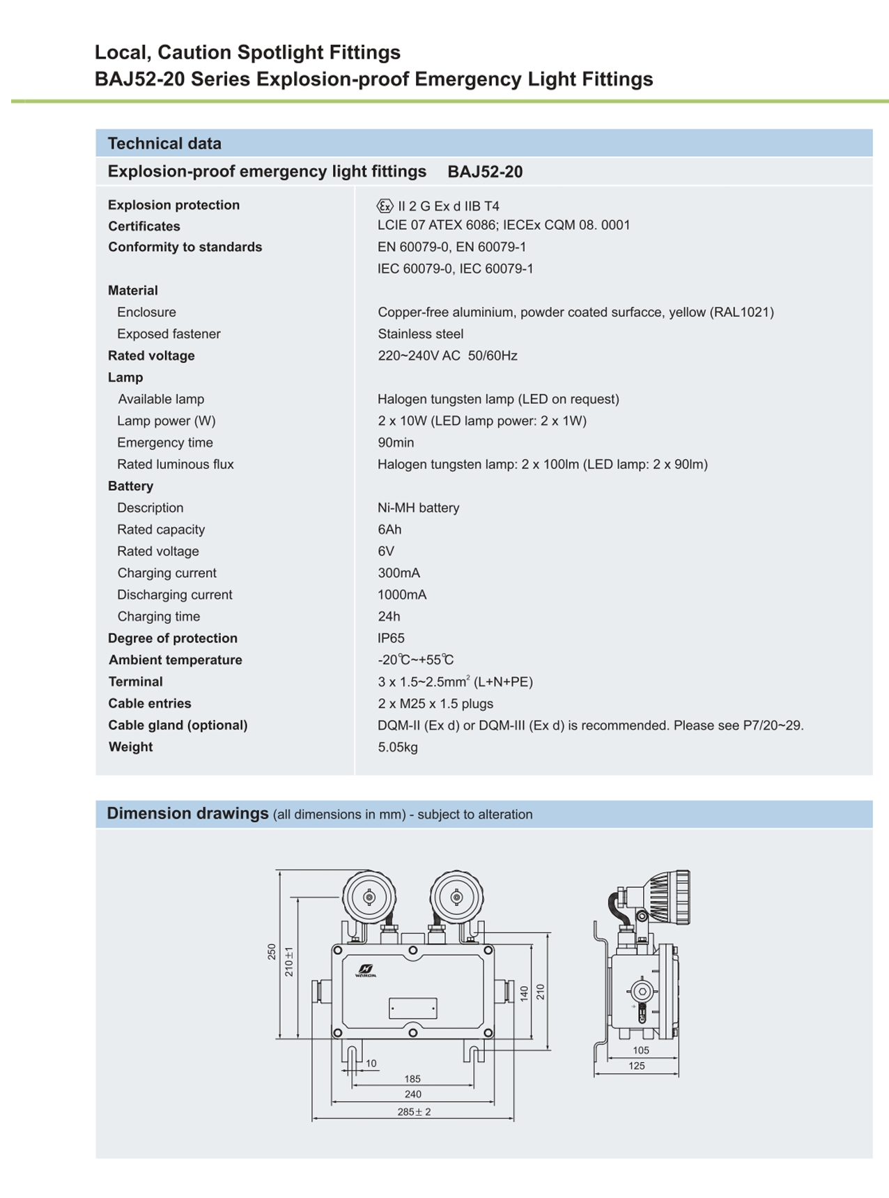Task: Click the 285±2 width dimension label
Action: pos(414,1112)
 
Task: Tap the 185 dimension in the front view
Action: pos(412,1079)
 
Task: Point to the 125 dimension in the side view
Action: pos(636,1066)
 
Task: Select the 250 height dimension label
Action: pos(272,952)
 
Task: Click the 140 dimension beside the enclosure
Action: pos(524,993)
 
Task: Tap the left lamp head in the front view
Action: pos(369,897)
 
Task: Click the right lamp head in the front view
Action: pos(456,897)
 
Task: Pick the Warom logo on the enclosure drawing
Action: pos(366,970)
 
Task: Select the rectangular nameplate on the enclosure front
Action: pos(412,1008)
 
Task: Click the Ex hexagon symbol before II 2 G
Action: pos(385,206)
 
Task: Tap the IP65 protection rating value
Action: pos(391,638)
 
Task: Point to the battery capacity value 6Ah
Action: pos(389,529)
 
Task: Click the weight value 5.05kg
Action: pos(398,746)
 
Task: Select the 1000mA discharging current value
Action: pos(402,594)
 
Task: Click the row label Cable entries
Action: pos(150,703)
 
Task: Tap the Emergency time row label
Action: pos(165,443)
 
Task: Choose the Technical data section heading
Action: pos(164,144)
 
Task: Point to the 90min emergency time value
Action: pos(396,443)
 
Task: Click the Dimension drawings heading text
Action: pos(187,813)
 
